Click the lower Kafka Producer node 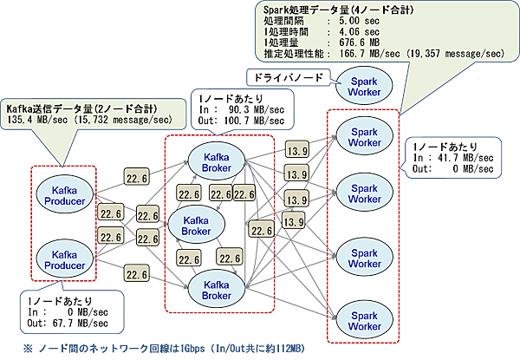tap(62, 259)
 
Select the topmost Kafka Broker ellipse tap(216, 160)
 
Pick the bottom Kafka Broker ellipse tap(216, 289)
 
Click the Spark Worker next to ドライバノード tap(359, 84)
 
